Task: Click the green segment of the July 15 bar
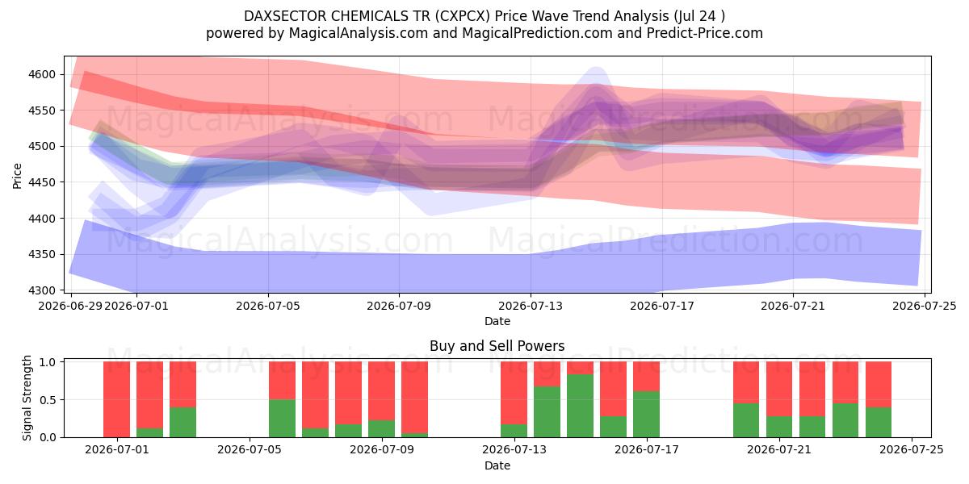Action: [x=580, y=406]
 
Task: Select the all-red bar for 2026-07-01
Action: [x=117, y=399]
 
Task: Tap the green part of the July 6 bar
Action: [x=282, y=419]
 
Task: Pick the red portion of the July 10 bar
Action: [x=414, y=397]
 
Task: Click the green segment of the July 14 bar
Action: [x=547, y=412]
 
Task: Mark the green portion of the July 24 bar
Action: [x=879, y=422]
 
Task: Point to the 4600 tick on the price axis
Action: [x=42, y=74]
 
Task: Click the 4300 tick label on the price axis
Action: [x=42, y=290]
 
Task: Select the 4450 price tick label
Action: [x=42, y=182]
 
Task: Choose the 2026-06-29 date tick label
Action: [x=70, y=306]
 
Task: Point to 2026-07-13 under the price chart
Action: [x=531, y=306]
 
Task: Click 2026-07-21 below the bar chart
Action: [x=779, y=449]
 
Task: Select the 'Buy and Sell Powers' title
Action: [x=497, y=346]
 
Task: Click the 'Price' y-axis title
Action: [x=17, y=176]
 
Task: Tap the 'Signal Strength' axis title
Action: [x=27, y=398]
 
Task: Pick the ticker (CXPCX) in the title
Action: [x=463, y=16]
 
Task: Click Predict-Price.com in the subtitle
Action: [x=705, y=33]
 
